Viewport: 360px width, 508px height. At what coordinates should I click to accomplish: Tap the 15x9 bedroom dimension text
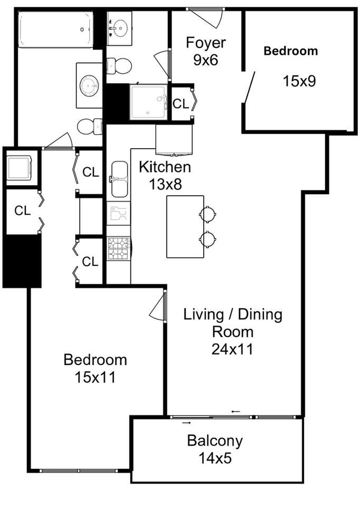[299, 81]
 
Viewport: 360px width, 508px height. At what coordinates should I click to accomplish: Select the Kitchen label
[165, 167]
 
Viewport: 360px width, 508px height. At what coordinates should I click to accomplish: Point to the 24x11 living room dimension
[232, 349]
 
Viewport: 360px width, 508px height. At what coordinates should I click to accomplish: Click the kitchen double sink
[119, 179]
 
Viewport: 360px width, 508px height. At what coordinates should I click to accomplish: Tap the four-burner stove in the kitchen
[119, 248]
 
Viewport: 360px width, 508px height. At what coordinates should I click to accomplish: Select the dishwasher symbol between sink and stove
[118, 214]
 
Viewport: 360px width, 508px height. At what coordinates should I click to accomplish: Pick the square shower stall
[148, 102]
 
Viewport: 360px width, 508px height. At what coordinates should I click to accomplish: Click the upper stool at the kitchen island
[207, 214]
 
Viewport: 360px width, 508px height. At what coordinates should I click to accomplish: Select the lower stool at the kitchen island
[207, 239]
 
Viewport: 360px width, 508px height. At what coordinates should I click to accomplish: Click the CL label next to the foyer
[181, 104]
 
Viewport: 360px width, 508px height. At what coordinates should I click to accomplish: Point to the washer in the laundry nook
[20, 168]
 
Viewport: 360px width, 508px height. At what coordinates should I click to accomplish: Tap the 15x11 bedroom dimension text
[95, 377]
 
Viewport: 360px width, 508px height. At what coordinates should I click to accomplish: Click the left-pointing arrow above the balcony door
[236, 412]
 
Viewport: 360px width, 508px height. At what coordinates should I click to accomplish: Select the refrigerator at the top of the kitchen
[174, 139]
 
